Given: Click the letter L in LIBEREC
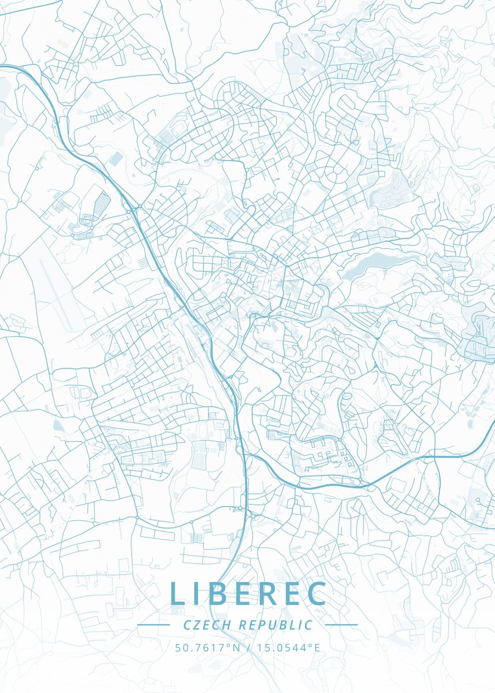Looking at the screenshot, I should pyautogui.click(x=178, y=594).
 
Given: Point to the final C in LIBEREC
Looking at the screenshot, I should pyautogui.click(x=317, y=594).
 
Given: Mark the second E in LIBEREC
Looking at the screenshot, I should pyautogui.click(x=294, y=594).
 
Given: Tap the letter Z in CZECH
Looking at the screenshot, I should pyautogui.click(x=197, y=625).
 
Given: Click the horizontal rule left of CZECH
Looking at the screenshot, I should pyautogui.click(x=153, y=625).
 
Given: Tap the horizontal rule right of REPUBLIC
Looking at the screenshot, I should pyautogui.click(x=341, y=625).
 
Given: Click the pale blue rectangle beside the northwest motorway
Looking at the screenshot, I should pyautogui.click(x=117, y=158).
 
